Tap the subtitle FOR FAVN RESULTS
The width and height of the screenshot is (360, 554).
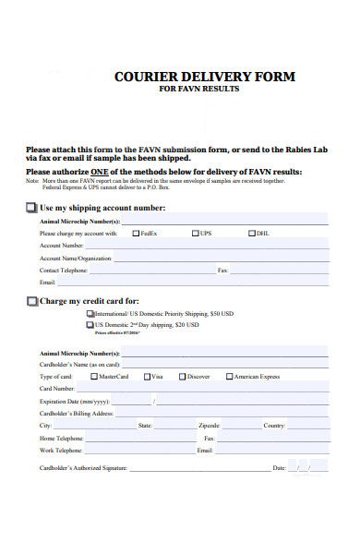(x=199, y=90)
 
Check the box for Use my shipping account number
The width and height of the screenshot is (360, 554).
(x=32, y=209)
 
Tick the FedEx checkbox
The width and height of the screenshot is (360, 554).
(x=136, y=234)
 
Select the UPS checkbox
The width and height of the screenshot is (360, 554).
(x=196, y=234)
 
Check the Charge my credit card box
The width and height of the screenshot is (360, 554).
(x=32, y=301)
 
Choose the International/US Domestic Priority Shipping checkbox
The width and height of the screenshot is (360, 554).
(x=90, y=315)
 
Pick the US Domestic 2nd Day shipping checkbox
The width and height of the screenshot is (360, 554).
(x=90, y=325)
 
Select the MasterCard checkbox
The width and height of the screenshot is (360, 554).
(x=94, y=377)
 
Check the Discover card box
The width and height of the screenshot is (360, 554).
(x=183, y=377)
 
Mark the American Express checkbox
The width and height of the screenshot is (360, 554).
(x=230, y=377)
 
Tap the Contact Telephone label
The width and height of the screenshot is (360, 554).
(x=64, y=271)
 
